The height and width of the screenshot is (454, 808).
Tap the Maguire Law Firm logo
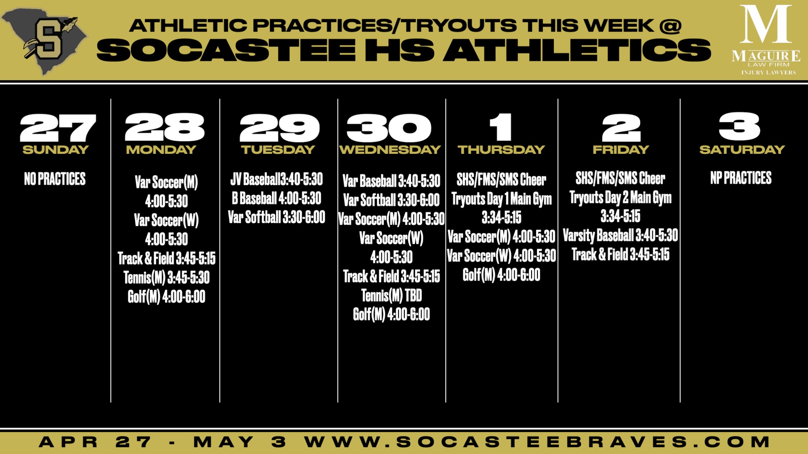tap(766, 40)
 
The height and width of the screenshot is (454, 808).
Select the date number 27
tap(58, 128)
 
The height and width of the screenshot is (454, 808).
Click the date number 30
tap(389, 128)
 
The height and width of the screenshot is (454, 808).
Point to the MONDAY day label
tap(161, 150)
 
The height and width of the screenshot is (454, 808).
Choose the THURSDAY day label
tap(501, 150)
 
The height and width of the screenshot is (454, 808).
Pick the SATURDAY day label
tap(742, 150)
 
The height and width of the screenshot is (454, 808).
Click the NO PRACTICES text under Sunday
tap(55, 179)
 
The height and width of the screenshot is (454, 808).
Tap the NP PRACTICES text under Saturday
tap(741, 178)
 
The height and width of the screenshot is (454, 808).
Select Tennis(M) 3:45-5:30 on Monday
tap(167, 277)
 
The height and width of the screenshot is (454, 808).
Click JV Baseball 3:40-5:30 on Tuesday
tap(276, 179)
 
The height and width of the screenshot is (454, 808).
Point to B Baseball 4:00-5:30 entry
tap(276, 198)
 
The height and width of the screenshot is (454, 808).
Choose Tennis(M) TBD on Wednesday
tap(391, 296)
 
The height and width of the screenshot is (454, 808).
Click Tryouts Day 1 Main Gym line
tap(502, 199)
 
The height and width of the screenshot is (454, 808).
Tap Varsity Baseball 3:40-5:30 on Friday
tap(620, 235)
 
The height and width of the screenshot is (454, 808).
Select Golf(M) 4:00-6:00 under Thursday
tap(502, 275)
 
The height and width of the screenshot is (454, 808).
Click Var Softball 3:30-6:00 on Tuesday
tap(276, 217)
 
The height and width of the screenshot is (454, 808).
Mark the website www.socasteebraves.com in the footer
tap(537, 442)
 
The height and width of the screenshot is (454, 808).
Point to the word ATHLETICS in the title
tap(577, 50)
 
